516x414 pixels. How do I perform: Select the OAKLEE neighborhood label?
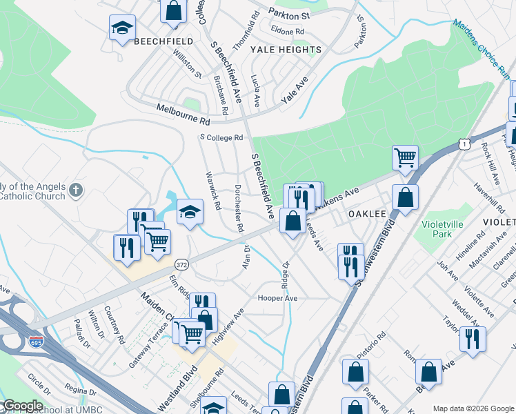[366, 214]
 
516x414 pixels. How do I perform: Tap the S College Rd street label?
[221, 137]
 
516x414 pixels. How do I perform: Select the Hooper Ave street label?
[277, 298]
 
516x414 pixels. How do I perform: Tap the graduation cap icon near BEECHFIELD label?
[122, 28]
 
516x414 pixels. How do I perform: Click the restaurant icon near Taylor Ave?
[473, 338]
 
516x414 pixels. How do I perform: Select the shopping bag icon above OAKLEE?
[405, 197]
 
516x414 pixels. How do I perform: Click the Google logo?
[22, 406]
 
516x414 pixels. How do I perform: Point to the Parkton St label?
[290, 14]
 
